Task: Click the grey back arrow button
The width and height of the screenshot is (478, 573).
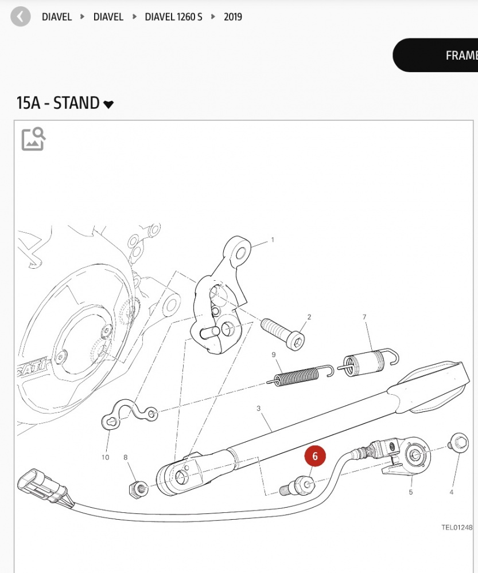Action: coord(21,17)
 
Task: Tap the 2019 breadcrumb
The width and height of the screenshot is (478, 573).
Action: coord(233,17)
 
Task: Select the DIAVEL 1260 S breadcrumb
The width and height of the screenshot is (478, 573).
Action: coord(173,17)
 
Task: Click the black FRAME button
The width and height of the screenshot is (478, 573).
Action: coord(436,55)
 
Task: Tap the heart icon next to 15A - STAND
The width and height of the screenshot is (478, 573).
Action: coord(108,104)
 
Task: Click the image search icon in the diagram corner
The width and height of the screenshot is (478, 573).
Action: coord(33,139)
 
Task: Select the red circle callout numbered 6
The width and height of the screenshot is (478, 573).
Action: coord(315,456)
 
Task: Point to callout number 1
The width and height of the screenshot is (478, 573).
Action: coord(273,240)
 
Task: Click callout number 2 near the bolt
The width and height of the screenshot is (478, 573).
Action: coord(309,317)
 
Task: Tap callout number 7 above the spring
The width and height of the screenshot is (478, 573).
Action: coord(364,317)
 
